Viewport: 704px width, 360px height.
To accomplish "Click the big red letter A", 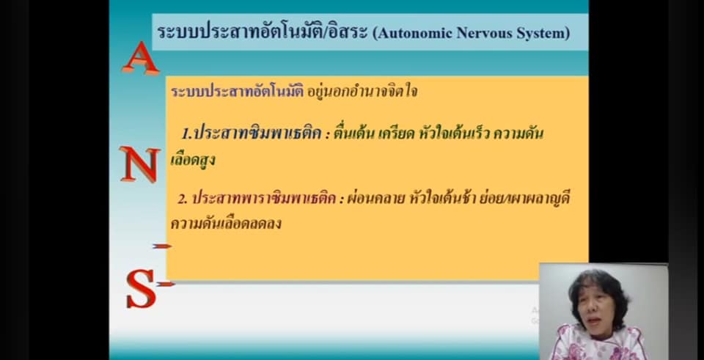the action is [x=141, y=59].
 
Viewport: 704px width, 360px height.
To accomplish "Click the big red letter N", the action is [x=140, y=164].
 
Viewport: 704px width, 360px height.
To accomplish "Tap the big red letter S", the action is [x=141, y=288].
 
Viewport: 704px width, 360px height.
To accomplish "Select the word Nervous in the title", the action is [x=483, y=33].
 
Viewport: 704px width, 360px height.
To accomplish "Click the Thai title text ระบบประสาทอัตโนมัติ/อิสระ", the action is [x=263, y=32].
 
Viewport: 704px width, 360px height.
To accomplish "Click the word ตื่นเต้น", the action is [x=353, y=133].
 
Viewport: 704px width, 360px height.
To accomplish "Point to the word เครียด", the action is [x=396, y=133].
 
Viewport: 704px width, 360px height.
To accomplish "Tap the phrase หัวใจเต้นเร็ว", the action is [x=454, y=133].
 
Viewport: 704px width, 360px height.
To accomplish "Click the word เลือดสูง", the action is [x=192, y=159].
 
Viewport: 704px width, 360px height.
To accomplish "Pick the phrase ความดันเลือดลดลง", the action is [x=226, y=223].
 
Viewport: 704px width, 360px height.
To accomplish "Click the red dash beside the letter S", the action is [x=165, y=284].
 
